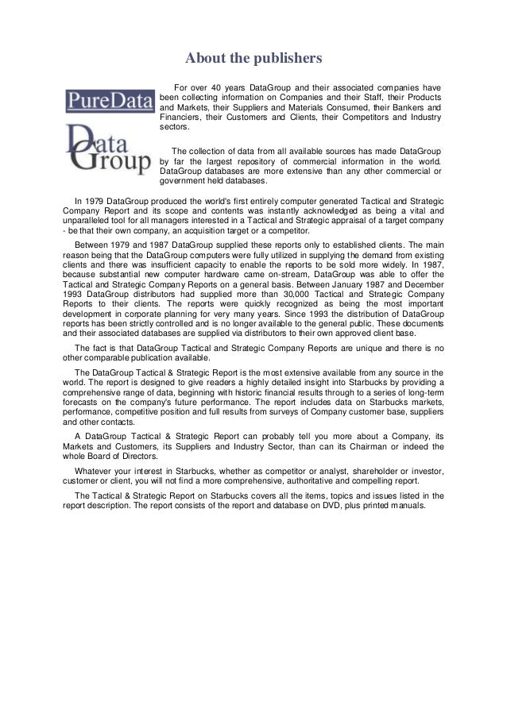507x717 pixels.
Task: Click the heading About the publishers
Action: (253, 58)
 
